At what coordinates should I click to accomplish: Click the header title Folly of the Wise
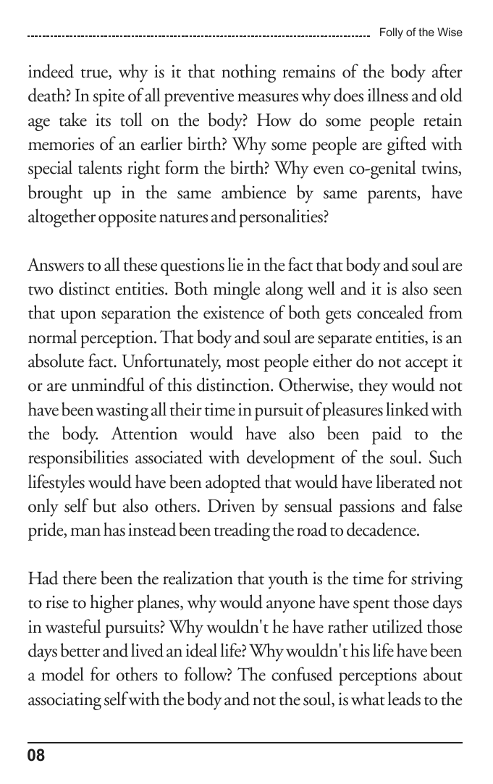[421, 33]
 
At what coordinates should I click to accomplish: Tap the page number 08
[36, 756]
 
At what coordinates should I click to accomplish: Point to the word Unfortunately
[159, 362]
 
